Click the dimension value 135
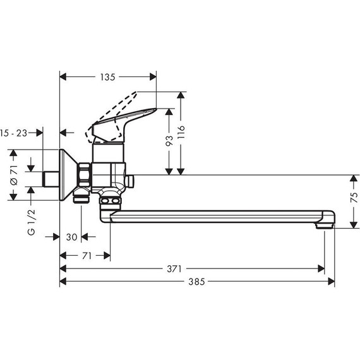107,78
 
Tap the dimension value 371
193,268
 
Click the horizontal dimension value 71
86,256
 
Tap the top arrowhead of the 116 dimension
181,95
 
